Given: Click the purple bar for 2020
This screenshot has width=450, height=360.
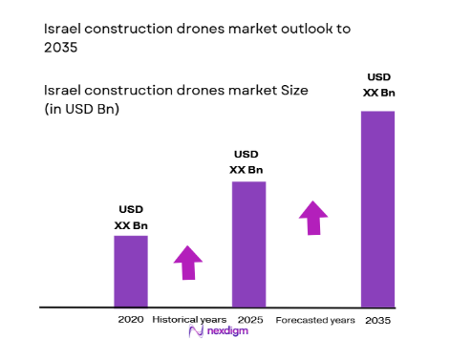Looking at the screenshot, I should (x=131, y=271).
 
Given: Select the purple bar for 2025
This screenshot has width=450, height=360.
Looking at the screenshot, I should (x=248, y=244).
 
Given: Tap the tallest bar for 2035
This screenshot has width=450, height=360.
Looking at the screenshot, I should (x=376, y=208).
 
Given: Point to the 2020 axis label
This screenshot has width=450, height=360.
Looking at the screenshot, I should (x=130, y=319).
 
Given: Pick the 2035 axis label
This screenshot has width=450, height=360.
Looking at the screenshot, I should (x=378, y=319).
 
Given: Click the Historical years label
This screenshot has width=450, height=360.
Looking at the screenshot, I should (x=189, y=319).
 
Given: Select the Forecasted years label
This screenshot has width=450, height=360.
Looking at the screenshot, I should (x=315, y=319).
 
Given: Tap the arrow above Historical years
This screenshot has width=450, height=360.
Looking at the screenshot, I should (x=188, y=262).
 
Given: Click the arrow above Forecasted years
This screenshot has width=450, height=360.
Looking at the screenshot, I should (x=312, y=217).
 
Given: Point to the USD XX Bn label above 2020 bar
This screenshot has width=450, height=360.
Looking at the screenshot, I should (x=131, y=217).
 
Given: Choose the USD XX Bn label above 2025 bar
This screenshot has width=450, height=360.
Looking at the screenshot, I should (x=247, y=162).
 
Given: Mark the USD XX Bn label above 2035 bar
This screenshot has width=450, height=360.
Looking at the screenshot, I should (x=377, y=85).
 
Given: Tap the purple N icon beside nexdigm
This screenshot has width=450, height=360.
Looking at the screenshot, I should (x=196, y=333).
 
